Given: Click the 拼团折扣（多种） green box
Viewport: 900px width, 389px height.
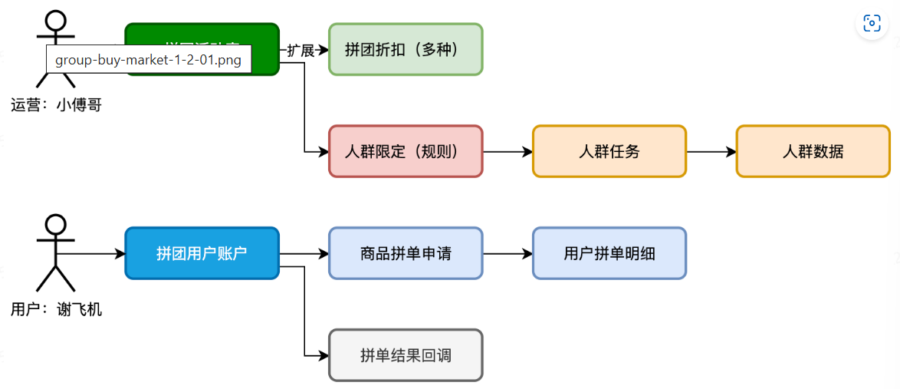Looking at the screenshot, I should click(x=405, y=49).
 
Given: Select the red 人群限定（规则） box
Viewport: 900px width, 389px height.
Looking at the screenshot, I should click(x=405, y=151).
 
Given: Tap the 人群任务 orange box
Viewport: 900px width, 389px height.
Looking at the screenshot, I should click(x=609, y=151).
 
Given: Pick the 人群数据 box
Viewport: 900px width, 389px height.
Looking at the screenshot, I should click(x=813, y=151).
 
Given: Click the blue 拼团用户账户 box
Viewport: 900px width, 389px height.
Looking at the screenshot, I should click(x=202, y=253).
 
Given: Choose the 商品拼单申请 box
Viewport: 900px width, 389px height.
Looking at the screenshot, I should click(x=405, y=253).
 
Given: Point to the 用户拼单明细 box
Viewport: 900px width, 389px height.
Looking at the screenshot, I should click(x=609, y=253).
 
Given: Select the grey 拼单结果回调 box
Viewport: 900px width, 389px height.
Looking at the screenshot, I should click(x=405, y=355).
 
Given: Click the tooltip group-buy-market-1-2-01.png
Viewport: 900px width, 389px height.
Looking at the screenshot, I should click(x=149, y=60).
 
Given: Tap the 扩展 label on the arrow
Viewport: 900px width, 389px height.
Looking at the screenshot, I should click(x=301, y=51).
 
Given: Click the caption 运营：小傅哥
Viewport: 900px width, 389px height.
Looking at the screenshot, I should click(x=56, y=105).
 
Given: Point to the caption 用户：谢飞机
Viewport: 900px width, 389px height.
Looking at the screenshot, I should click(x=56, y=310).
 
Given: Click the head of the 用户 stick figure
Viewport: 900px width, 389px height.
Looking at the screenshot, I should click(x=56, y=225).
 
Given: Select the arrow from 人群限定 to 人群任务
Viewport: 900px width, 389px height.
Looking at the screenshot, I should click(x=507, y=151).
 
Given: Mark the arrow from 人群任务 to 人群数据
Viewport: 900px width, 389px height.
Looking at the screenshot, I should click(x=711, y=151).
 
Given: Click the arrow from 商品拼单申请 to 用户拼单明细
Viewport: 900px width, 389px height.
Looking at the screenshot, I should click(x=507, y=253).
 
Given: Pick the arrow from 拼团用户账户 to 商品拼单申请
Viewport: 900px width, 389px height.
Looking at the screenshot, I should click(x=304, y=253).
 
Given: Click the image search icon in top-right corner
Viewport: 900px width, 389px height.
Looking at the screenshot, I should click(x=872, y=24).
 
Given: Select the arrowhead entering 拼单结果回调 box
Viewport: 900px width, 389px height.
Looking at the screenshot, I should click(x=323, y=355).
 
